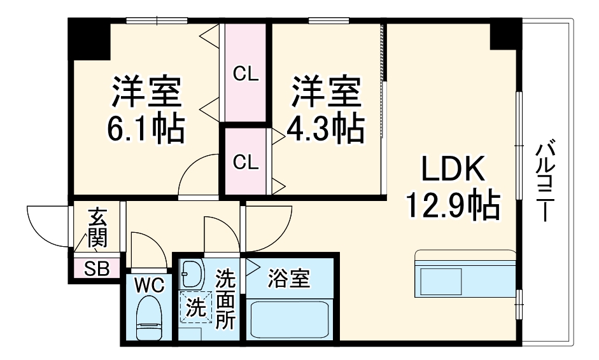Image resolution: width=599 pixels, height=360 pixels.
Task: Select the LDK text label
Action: pyautogui.click(x=453, y=170)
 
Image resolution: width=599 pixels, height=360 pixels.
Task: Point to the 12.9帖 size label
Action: pyautogui.click(x=453, y=205)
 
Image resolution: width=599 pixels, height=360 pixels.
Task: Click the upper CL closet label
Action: pyautogui.click(x=246, y=74)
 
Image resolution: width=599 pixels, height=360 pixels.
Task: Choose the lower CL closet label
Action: pyautogui.click(x=246, y=162)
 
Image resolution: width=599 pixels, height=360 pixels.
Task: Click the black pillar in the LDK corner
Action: pyautogui.click(x=505, y=35)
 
